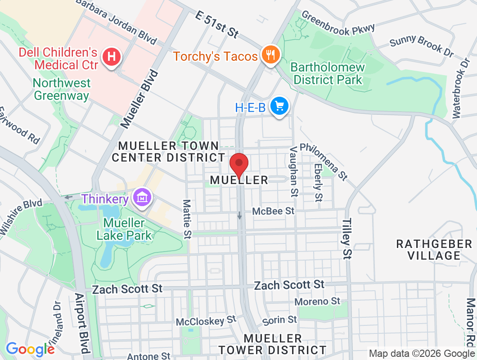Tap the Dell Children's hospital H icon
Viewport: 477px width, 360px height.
pyautogui.click(x=111, y=58)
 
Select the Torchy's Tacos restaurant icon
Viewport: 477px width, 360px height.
pyautogui.click(x=270, y=55)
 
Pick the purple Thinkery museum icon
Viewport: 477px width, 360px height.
pyautogui.click(x=142, y=198)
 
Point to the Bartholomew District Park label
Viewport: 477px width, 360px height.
pyautogui.click(x=327, y=74)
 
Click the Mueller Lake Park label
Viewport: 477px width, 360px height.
pyautogui.click(x=124, y=229)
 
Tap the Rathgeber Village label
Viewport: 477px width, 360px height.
pyautogui.click(x=434, y=250)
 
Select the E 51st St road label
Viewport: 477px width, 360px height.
pyautogui.click(x=216, y=24)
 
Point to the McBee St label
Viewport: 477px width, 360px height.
pyautogui.click(x=273, y=211)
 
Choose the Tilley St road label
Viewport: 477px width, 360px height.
pyautogui.click(x=346, y=239)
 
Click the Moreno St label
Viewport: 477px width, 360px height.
pyautogui.click(x=318, y=301)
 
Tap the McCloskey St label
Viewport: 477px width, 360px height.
pyautogui.click(x=206, y=321)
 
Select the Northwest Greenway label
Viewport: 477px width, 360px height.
pyautogui.click(x=62, y=89)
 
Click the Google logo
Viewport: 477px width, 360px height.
pyautogui.click(x=30, y=349)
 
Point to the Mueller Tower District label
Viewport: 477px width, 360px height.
pyautogui.click(x=273, y=344)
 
